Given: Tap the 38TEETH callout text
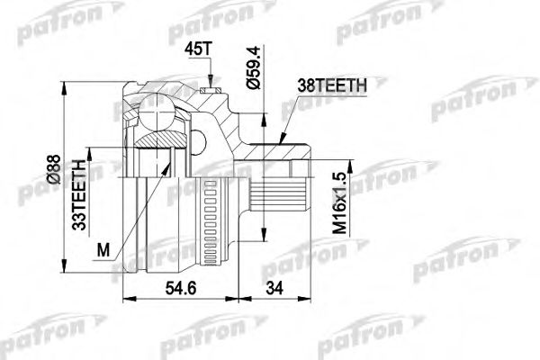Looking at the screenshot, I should (x=331, y=86).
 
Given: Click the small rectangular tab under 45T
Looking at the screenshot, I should (x=211, y=88).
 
